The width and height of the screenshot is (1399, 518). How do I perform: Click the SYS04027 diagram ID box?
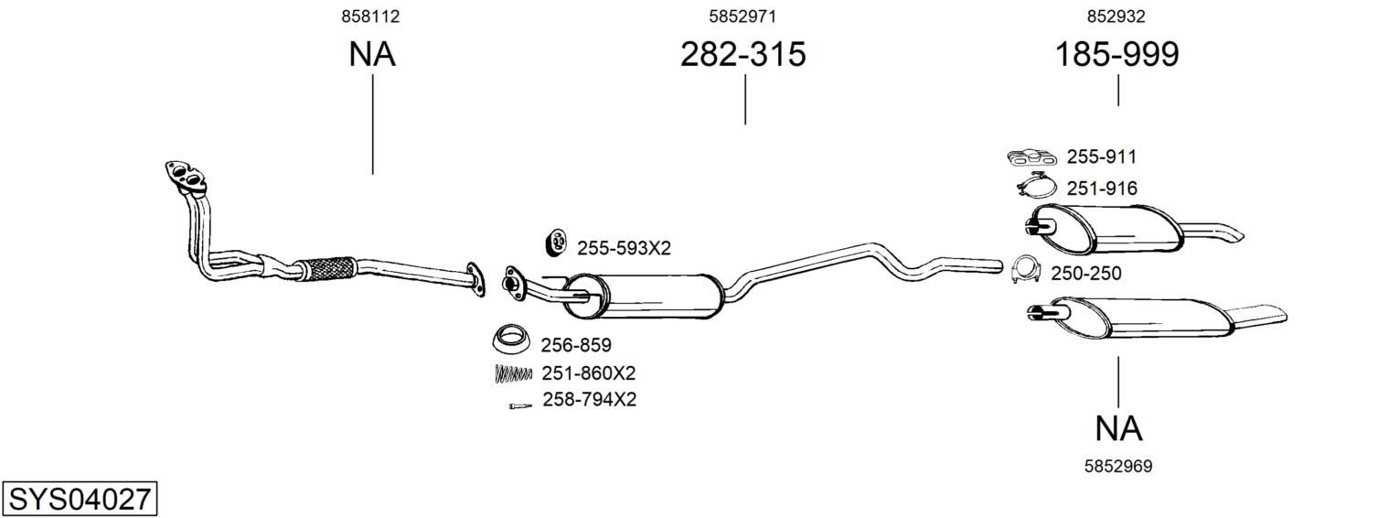point(80,499)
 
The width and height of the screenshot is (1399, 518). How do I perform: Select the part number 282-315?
point(742,54)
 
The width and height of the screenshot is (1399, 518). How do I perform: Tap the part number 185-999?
point(1116,54)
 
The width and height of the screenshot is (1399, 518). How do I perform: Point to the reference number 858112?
point(370,16)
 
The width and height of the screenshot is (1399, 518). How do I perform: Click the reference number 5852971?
point(742,16)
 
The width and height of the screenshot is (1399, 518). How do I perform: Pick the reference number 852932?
point(1116,16)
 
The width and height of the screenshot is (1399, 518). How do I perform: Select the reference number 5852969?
point(1118,466)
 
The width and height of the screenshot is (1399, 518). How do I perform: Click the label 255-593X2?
point(624,249)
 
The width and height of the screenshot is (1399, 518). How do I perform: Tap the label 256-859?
point(576,345)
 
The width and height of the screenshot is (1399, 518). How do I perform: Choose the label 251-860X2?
point(588,373)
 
